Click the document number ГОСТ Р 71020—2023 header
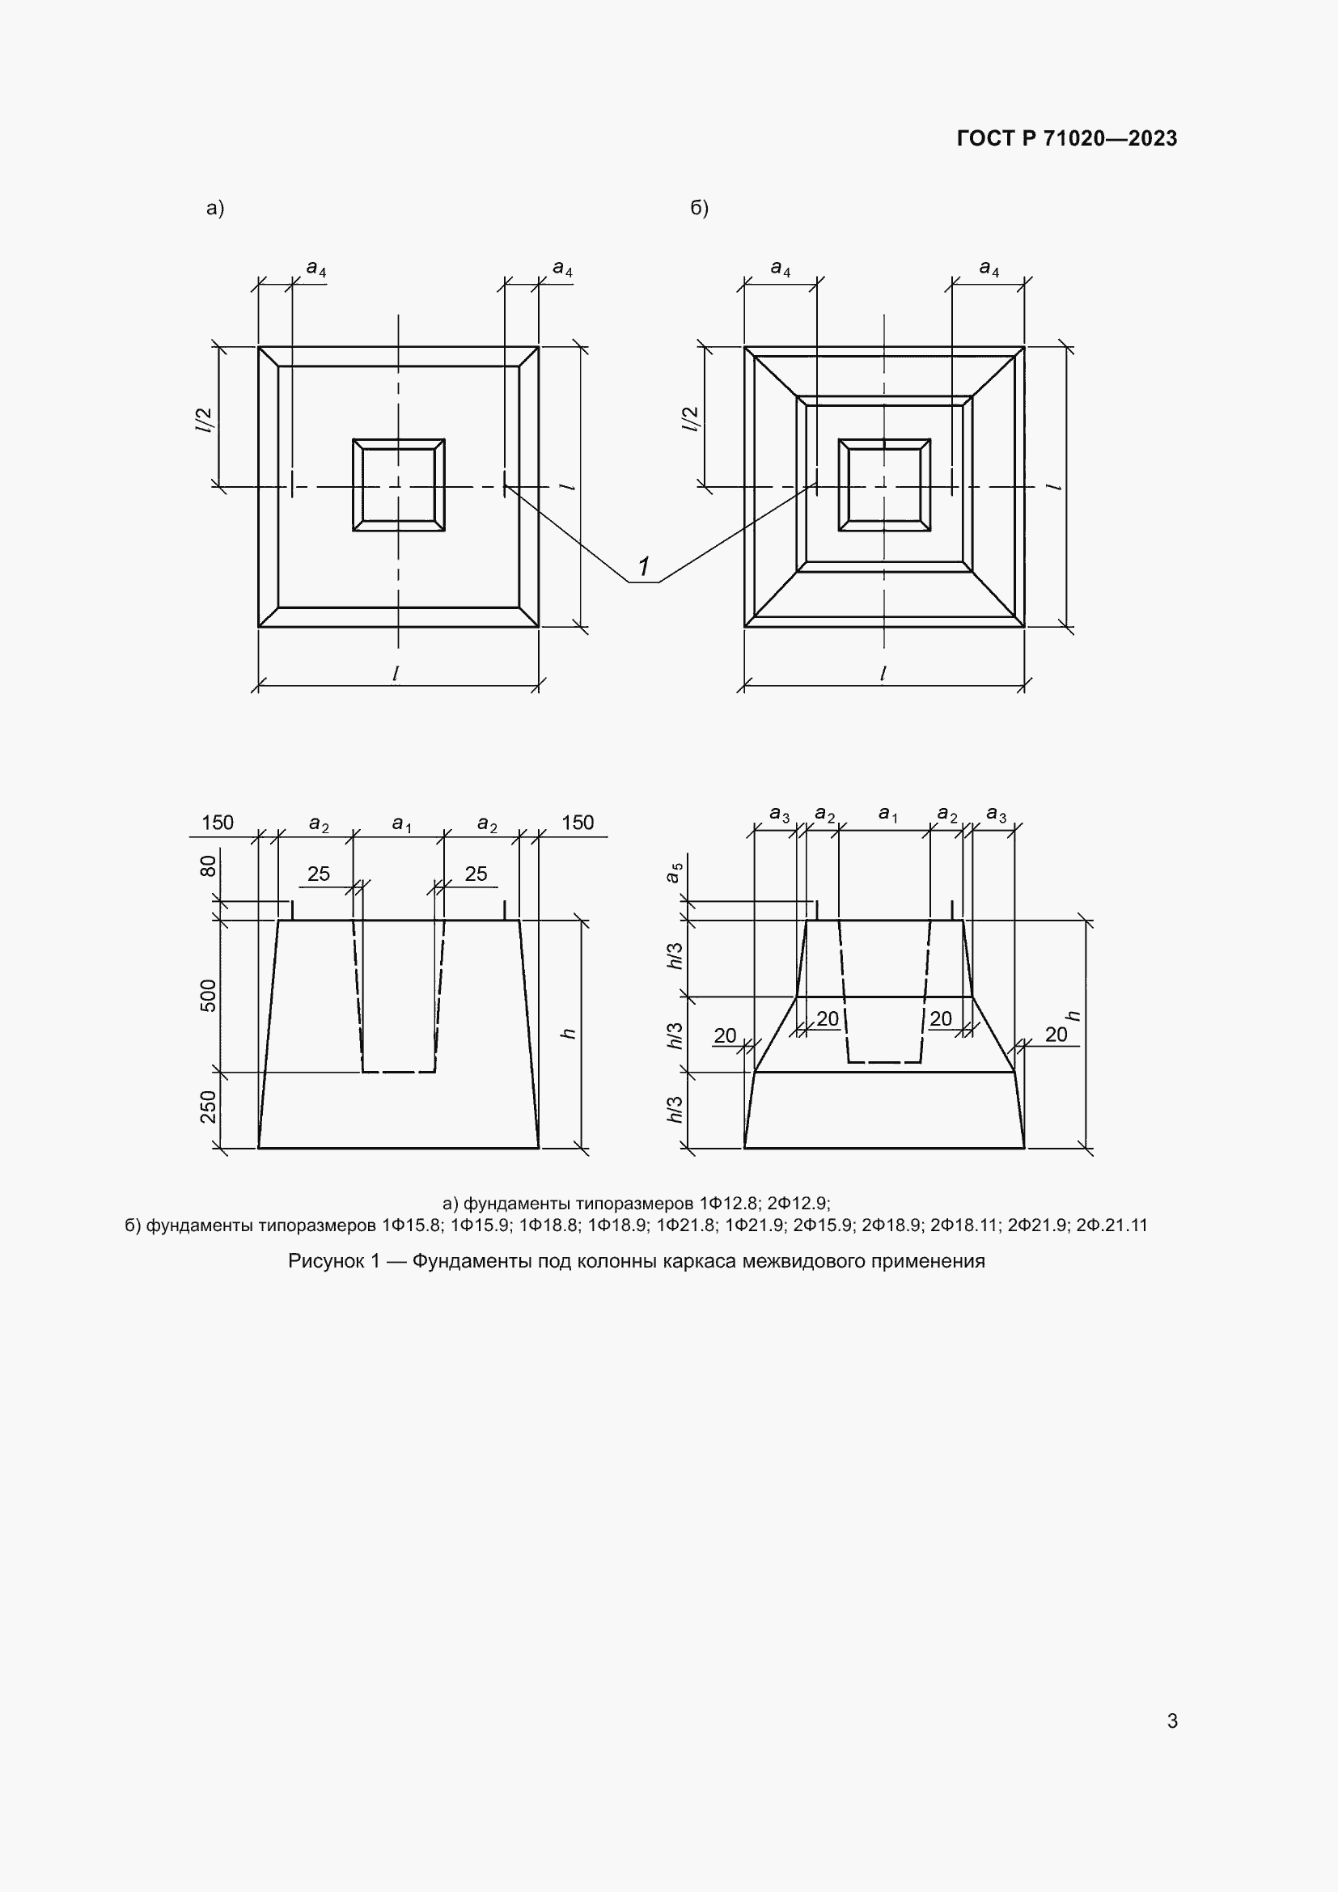point(1066,138)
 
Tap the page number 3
point(1171,1721)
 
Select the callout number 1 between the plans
point(643,567)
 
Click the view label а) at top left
point(215,208)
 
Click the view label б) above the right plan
point(699,208)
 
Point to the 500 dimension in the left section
point(209,996)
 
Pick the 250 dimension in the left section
point(209,1107)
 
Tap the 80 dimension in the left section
point(209,866)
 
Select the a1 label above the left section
point(401,823)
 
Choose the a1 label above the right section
point(887,815)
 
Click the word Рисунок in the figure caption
point(325,1261)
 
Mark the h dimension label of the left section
point(569,1033)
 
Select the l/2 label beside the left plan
point(204,421)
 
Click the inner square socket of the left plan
point(399,485)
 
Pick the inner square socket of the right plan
point(884,485)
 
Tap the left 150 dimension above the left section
point(218,823)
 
